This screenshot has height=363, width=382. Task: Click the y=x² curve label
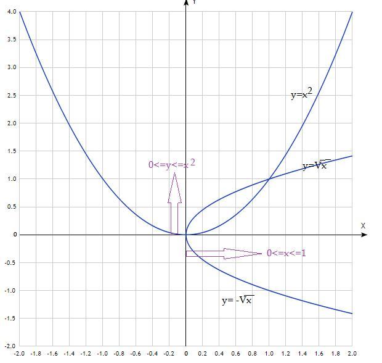tap(301, 94)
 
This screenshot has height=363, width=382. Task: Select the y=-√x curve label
tap(238, 301)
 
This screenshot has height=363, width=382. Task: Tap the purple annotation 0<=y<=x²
tap(172, 164)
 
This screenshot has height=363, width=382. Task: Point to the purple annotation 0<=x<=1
tap(286, 253)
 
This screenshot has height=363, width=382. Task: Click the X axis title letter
tap(364, 226)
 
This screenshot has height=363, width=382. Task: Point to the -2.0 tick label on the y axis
tap(10, 346)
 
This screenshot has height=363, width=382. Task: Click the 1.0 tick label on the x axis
tap(269, 354)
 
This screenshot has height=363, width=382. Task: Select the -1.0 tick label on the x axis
tap(102, 354)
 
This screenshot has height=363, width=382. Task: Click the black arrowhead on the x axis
tap(364, 235)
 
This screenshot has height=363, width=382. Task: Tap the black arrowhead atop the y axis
tap(186, 3)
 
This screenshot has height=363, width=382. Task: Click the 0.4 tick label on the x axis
tap(219, 354)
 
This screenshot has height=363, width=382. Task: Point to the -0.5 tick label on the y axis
tap(10, 262)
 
